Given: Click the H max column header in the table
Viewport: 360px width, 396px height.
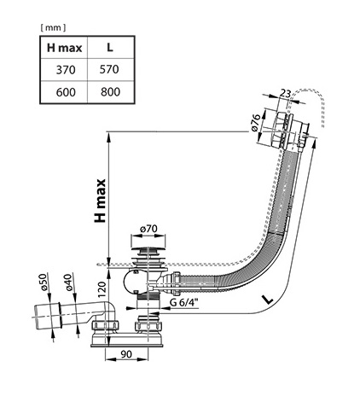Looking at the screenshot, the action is (x=64, y=48).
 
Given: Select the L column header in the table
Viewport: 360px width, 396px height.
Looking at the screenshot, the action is (x=110, y=48).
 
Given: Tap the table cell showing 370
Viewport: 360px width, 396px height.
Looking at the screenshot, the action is (x=66, y=70).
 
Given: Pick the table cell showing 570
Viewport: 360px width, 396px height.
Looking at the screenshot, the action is (x=109, y=69).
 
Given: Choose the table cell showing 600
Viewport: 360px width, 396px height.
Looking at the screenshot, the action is (x=66, y=92).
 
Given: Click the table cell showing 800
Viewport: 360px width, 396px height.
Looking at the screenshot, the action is (x=110, y=92).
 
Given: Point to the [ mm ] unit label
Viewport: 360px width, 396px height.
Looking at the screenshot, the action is (x=53, y=27).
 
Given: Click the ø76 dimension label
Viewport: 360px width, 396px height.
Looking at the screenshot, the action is (x=256, y=123).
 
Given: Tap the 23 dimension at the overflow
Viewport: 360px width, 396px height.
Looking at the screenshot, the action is (x=285, y=93).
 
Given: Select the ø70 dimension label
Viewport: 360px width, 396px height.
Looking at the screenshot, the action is (x=148, y=229).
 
